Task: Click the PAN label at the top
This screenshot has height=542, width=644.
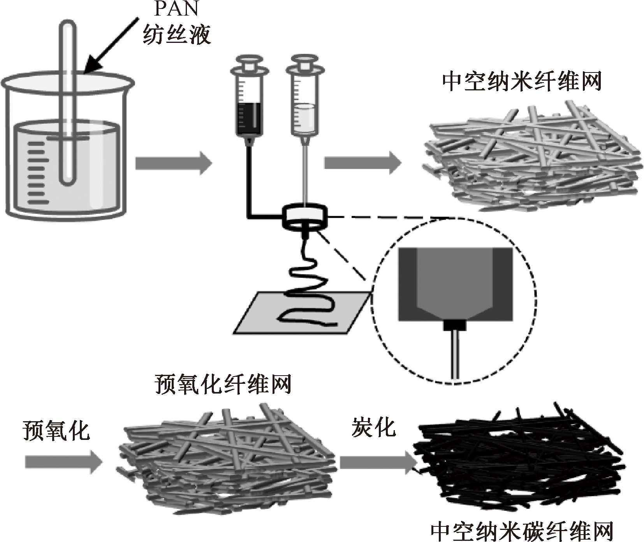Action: pyautogui.click(x=176, y=9)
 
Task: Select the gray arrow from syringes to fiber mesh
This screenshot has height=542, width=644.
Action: pyautogui.click(x=362, y=162)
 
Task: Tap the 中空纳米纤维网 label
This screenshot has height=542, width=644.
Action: pyautogui.click(x=522, y=82)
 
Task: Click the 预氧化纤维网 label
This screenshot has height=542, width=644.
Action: pyautogui.click(x=223, y=385)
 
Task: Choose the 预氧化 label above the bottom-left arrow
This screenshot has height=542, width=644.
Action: pyautogui.click(x=56, y=431)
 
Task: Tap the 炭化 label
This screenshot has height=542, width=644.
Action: pyautogui.click(x=373, y=427)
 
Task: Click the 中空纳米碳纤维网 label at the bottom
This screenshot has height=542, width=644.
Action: pyautogui.click(x=522, y=531)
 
